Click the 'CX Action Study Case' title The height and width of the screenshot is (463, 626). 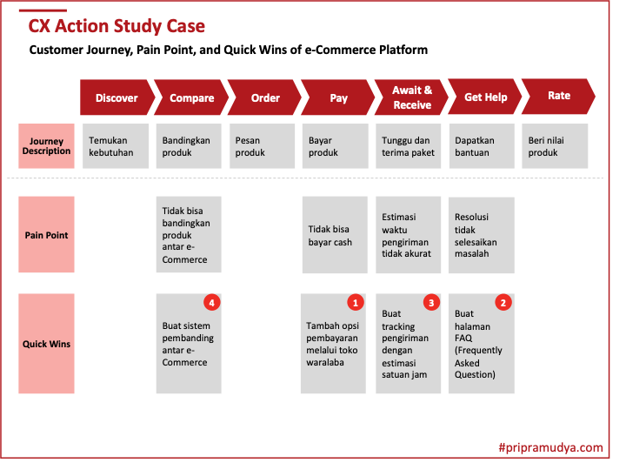pyautogui.click(x=117, y=26)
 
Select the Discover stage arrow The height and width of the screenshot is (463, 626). pyautogui.click(x=116, y=97)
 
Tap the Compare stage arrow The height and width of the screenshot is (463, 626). pyautogui.click(x=190, y=97)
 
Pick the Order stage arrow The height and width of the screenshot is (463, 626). pyautogui.click(x=264, y=97)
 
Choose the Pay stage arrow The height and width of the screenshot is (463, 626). pyautogui.click(x=337, y=97)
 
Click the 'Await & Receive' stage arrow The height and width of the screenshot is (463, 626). pyautogui.click(x=411, y=97)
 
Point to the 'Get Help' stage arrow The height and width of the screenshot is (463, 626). pyautogui.click(x=485, y=97)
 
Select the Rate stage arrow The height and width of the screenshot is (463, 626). pyautogui.click(x=559, y=96)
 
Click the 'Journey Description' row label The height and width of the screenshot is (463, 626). pyautogui.click(x=47, y=146)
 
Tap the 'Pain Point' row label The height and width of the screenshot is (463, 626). pyautogui.click(x=47, y=235)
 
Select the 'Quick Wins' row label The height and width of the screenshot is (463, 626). pyautogui.click(x=47, y=344)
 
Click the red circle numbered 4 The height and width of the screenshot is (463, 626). pyautogui.click(x=211, y=303)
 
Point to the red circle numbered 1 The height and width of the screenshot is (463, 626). pyautogui.click(x=355, y=303)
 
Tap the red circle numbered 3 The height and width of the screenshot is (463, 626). pyautogui.click(x=431, y=303)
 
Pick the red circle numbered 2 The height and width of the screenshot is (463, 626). pyautogui.click(x=503, y=303)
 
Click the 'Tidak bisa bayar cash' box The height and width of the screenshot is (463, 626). pyautogui.click(x=335, y=235)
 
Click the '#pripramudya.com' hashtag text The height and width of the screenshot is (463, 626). pyautogui.click(x=550, y=447)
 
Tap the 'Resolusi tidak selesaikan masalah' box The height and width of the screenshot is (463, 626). pyautogui.click(x=481, y=235)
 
